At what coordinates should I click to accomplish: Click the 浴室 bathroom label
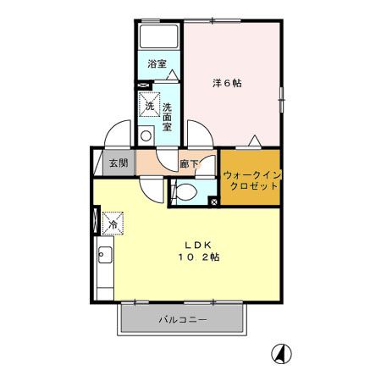[x=156, y=63]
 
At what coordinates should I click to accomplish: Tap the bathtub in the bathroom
[x=159, y=37]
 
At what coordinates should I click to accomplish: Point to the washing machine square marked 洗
[x=149, y=108]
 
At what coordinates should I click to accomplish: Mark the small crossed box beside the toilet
[x=213, y=202]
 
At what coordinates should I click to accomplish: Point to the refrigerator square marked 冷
[x=111, y=224]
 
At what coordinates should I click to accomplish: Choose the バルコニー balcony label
[x=184, y=320]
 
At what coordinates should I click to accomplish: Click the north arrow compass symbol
[x=277, y=351]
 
